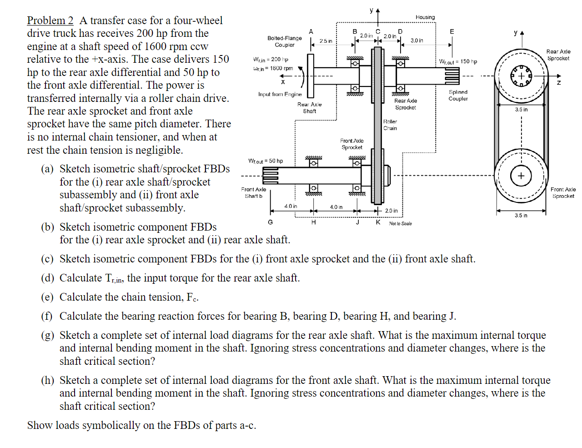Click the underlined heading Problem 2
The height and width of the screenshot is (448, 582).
(x=50, y=20)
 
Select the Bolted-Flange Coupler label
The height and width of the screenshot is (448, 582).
(x=285, y=41)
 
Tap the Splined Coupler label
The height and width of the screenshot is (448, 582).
(x=458, y=95)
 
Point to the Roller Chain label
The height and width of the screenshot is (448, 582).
(x=390, y=125)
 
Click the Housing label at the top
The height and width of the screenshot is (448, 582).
(x=425, y=17)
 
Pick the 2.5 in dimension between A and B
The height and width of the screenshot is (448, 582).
(x=326, y=41)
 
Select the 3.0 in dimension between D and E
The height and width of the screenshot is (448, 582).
(x=416, y=40)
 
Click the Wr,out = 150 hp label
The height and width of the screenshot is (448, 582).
(x=458, y=61)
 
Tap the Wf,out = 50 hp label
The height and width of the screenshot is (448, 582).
(x=266, y=161)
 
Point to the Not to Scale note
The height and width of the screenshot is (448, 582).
(x=400, y=223)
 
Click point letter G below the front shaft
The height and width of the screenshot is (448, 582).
(x=271, y=222)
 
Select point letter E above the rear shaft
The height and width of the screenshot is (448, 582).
(x=452, y=31)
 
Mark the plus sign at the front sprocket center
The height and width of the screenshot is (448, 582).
(x=521, y=176)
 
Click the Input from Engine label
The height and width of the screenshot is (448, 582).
(x=280, y=94)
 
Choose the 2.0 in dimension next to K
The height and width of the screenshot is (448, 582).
(x=391, y=211)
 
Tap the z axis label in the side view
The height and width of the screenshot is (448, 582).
(x=559, y=82)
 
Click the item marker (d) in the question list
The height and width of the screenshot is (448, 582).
(x=47, y=278)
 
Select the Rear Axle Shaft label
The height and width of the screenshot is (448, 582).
(x=309, y=108)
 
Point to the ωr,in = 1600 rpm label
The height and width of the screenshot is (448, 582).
(x=273, y=68)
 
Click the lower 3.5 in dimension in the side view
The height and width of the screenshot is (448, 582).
(x=521, y=215)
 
